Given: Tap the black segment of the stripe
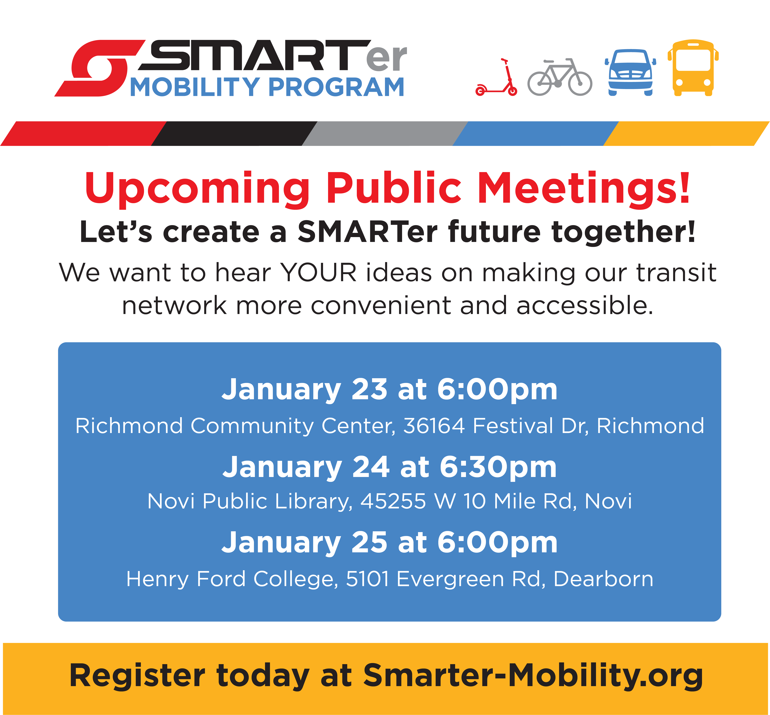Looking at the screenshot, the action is (234, 133).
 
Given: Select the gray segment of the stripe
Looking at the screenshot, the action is (385, 133).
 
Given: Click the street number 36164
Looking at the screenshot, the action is (434, 426).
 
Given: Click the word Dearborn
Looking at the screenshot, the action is (603, 579).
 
